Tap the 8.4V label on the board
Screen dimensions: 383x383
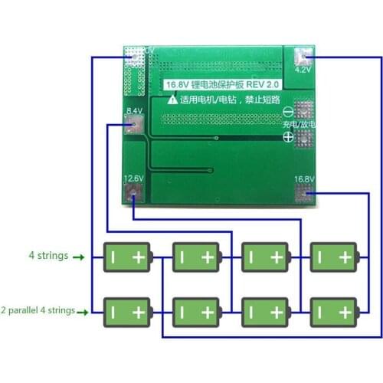click(134, 111)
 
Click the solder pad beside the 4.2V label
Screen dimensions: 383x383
click(300, 54)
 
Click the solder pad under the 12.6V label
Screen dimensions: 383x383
click(134, 189)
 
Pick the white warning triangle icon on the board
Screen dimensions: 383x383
click(173, 100)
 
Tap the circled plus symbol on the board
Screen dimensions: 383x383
click(288, 137)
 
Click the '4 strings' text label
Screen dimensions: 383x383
click(48, 255)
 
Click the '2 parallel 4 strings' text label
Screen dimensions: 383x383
click(38, 310)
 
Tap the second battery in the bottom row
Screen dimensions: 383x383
click(196, 313)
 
